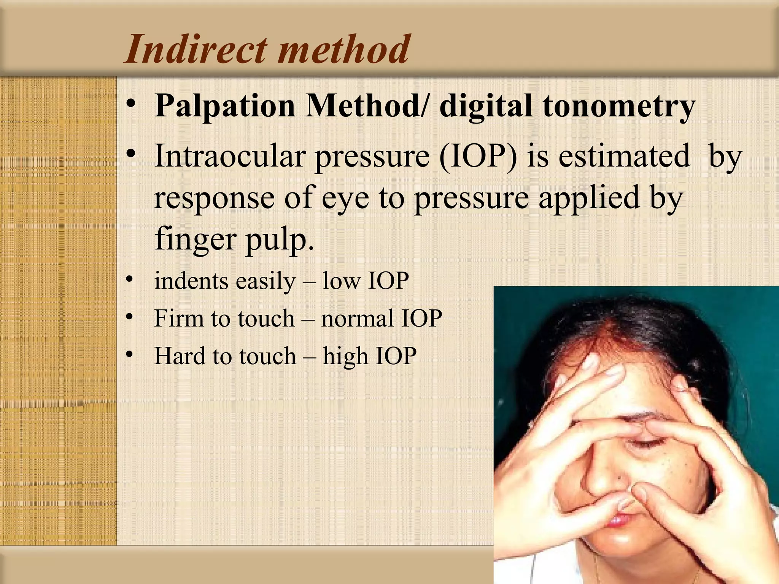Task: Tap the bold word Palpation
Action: coord(225,106)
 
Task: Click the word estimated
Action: coord(624,156)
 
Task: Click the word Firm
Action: coord(178,318)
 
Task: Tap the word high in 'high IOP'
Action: coord(345,356)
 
